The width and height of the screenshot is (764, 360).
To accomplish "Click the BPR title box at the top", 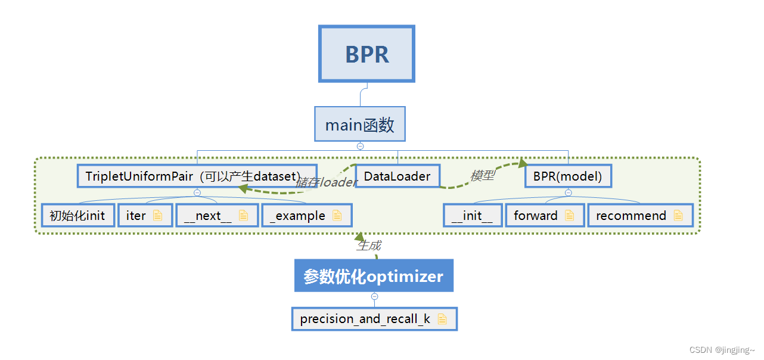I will pos(367,54).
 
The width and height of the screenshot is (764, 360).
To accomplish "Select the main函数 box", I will pos(360,124).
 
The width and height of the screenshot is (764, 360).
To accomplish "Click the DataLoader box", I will pos(397,176).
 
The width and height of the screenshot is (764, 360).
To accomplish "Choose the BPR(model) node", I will pos(568,176).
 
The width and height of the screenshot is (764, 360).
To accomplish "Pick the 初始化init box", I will pos(77,216).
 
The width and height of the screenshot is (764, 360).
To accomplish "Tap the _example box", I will pos(306,216).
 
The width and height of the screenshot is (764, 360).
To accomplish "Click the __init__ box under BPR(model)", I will pos(473,216).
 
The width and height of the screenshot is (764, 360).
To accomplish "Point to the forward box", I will pos(544,216).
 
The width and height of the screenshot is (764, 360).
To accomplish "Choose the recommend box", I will pos(640,216).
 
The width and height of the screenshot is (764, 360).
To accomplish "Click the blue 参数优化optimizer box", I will pos(374,276).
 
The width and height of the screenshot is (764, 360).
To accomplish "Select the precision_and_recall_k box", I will pos(374,319).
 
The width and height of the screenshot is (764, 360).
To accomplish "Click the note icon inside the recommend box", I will pos(678,216).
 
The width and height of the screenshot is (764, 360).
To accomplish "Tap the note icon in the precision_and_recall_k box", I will pos(442,319).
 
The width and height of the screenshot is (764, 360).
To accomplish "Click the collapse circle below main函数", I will pos(360,146).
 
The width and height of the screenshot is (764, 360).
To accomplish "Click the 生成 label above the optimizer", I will pos(369,245).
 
